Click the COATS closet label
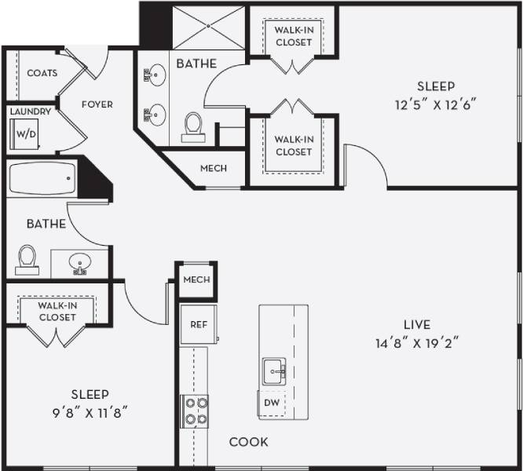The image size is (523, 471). [x=42, y=73]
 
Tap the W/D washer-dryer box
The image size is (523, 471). [x=27, y=133]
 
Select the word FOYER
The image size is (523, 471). [x=97, y=104]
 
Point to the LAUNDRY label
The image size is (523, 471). [x=31, y=111]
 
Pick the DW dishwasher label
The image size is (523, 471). [x=272, y=403]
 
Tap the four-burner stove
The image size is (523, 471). [x=195, y=410]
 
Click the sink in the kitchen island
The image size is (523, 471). [x=272, y=370]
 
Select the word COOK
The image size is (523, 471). [x=248, y=442]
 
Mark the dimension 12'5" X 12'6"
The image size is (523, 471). [x=436, y=104]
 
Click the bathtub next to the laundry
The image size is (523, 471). [x=42, y=180]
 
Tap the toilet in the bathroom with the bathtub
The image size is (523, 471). [x=27, y=258]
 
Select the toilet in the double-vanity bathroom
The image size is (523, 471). [x=192, y=126]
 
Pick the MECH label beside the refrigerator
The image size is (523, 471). [x=196, y=280]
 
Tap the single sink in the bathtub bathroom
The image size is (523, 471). [x=79, y=262]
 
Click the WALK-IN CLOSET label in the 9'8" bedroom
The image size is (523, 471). [x=57, y=312]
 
